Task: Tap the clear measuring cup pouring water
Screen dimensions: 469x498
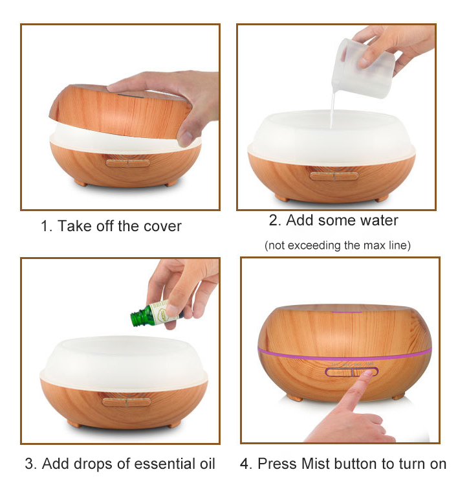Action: pos(363,68)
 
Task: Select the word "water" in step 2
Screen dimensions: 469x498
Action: pos(380,220)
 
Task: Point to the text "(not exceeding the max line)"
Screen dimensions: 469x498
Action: pos(338,245)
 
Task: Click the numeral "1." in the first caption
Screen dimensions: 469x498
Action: pos(47,227)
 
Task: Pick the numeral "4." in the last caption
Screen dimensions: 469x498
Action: pos(246,464)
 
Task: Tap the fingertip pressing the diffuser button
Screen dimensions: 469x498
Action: pos(367,374)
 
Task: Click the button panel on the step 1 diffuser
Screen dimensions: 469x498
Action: pos(128,164)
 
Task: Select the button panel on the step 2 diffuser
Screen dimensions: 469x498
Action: pos(334,176)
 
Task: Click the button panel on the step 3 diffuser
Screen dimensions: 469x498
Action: pos(127,402)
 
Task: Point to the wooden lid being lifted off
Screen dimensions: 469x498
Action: pos(120,111)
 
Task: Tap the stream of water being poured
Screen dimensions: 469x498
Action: pos(333,108)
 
